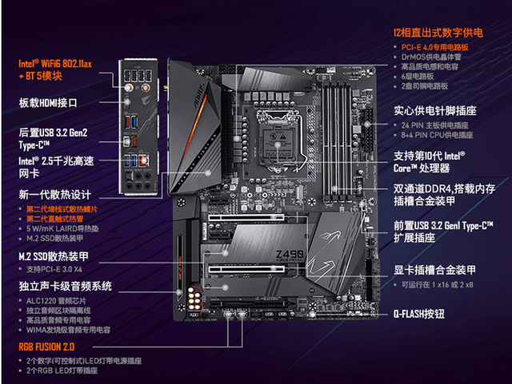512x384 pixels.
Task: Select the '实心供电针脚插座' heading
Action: pos(436,111)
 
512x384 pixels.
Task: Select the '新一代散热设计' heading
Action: pos(54,195)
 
